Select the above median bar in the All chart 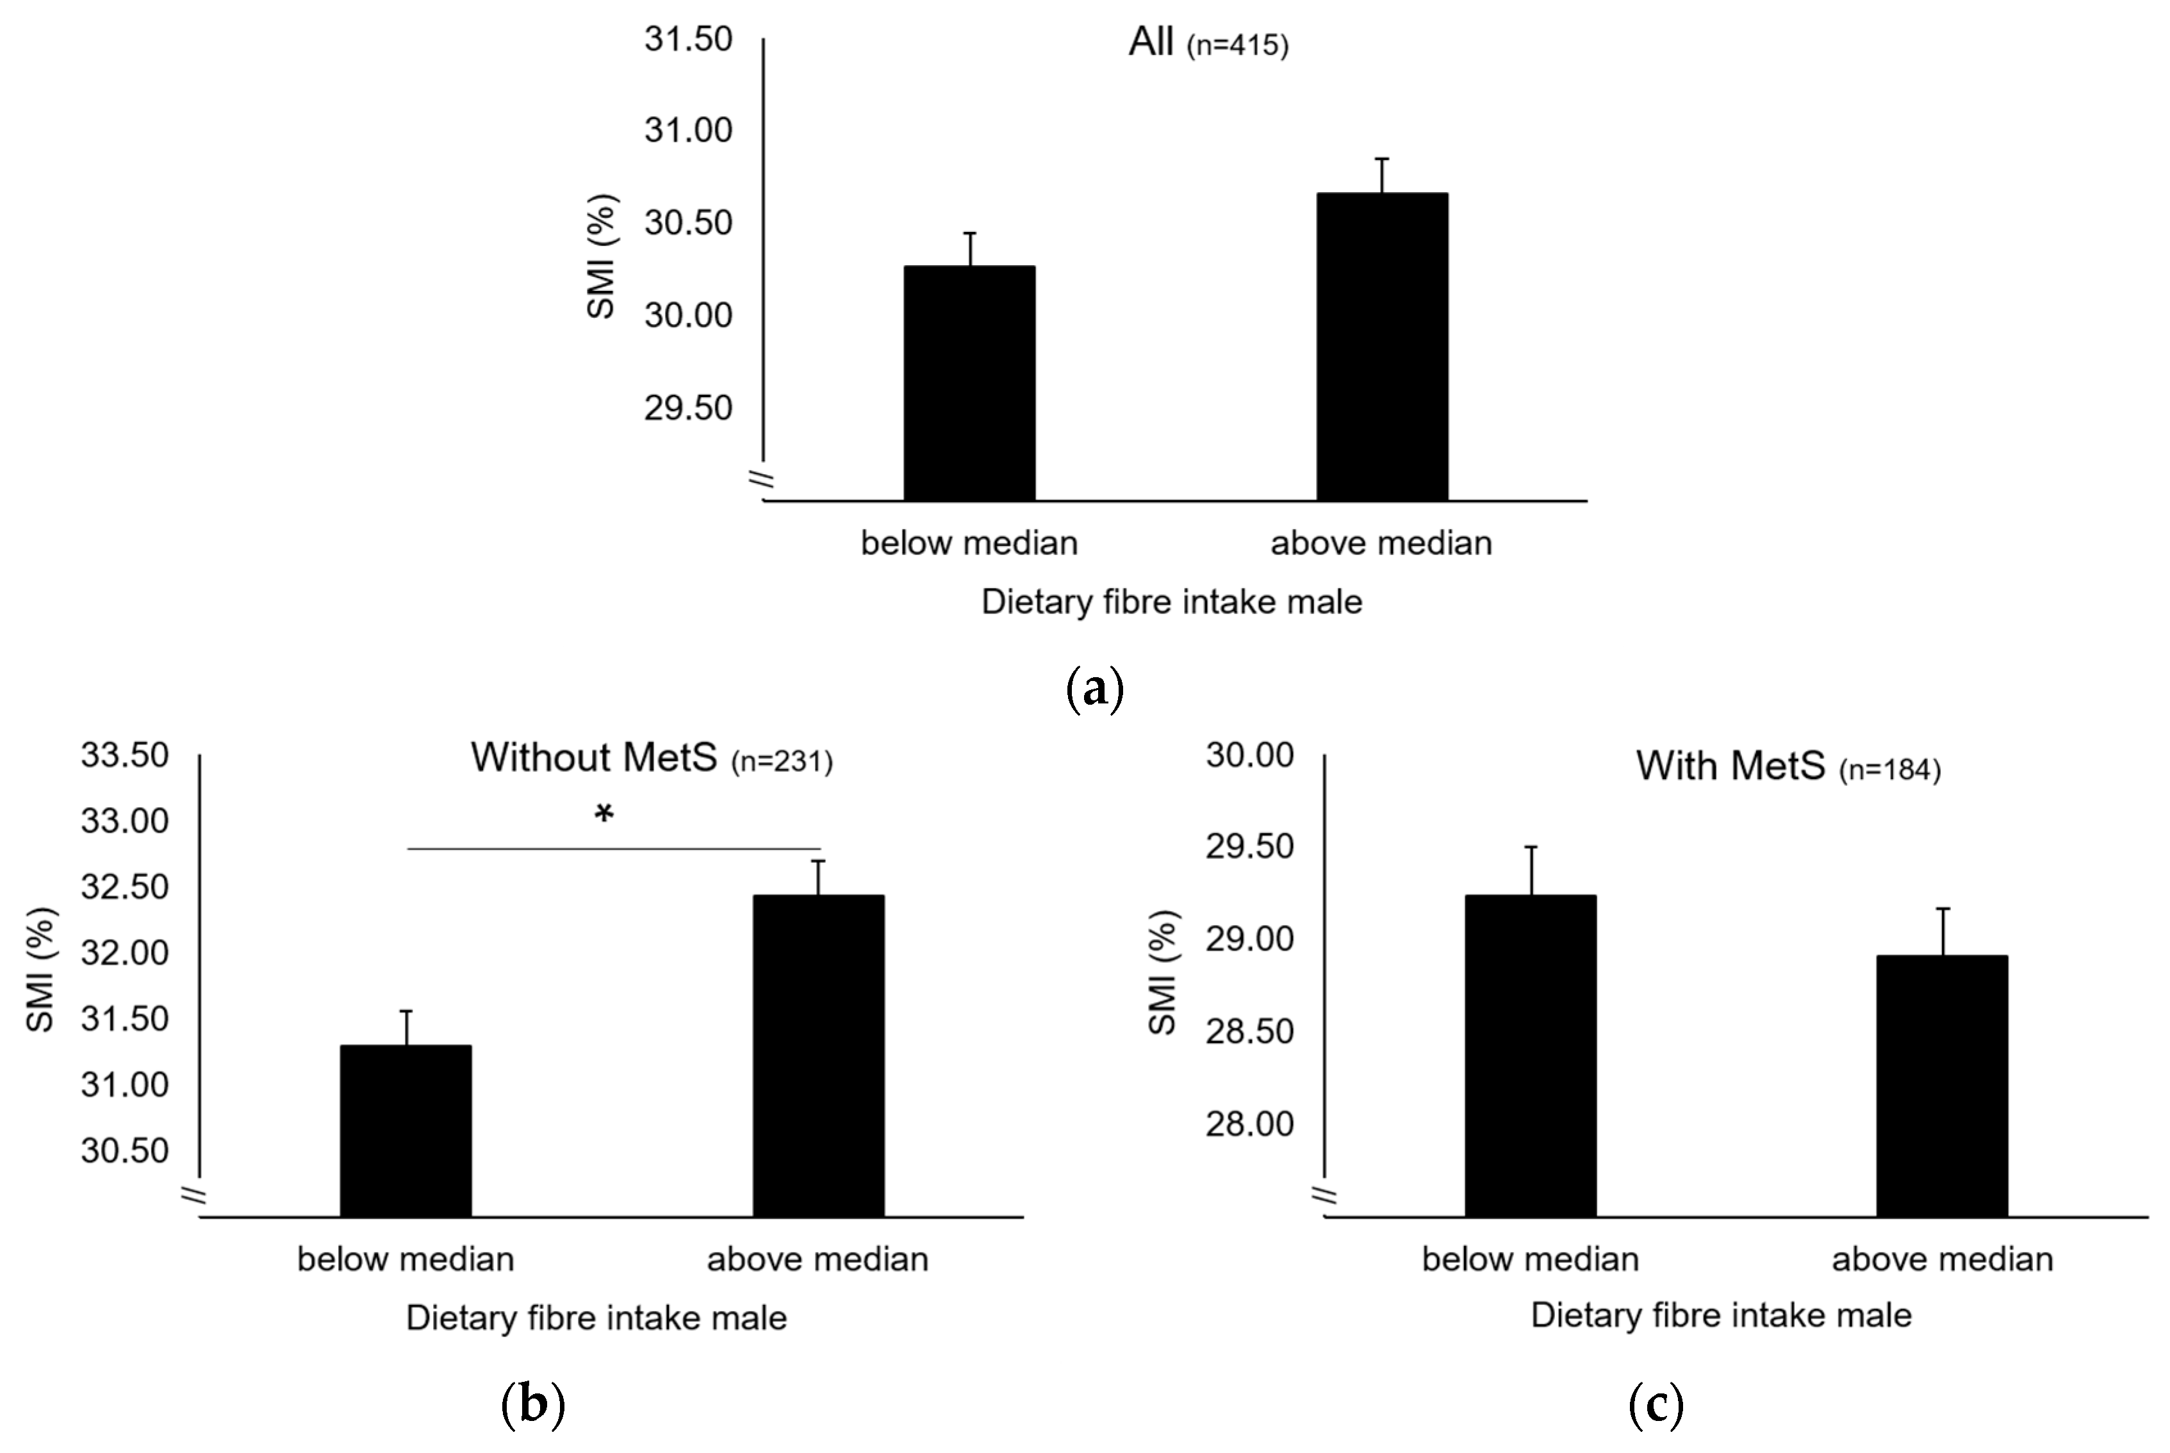pos(1381,347)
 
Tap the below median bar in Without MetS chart pos(406,1131)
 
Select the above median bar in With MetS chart pos(1942,1086)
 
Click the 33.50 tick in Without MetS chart pos(125,755)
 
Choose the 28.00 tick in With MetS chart pos(1249,1124)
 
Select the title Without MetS pos(594,757)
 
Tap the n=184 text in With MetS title pos(1889,770)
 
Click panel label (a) pos(1095,689)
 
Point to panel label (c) pos(1656,1406)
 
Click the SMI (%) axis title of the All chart pos(602,257)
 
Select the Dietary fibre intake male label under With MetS pos(1721,1316)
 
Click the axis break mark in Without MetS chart pos(193,1195)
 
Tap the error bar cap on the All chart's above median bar pos(1381,160)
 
